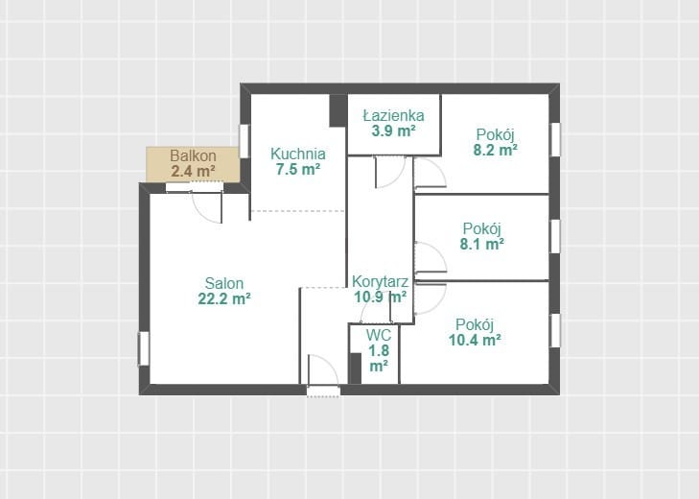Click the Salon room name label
[223, 283]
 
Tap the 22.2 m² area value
[223, 298]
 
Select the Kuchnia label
[298, 154]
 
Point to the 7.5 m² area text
[298, 170]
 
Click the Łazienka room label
[393, 115]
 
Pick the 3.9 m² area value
[393, 131]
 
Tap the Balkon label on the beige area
[193, 155]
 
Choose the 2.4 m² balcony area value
[193, 171]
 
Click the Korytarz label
[380, 281]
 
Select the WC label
[379, 335]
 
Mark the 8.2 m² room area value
[495, 150]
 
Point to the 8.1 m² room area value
[482, 244]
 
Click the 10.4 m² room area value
[475, 340]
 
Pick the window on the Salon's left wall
[144, 348]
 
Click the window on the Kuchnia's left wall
[244, 141]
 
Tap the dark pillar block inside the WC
[356, 368]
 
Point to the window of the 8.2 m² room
[555, 140]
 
